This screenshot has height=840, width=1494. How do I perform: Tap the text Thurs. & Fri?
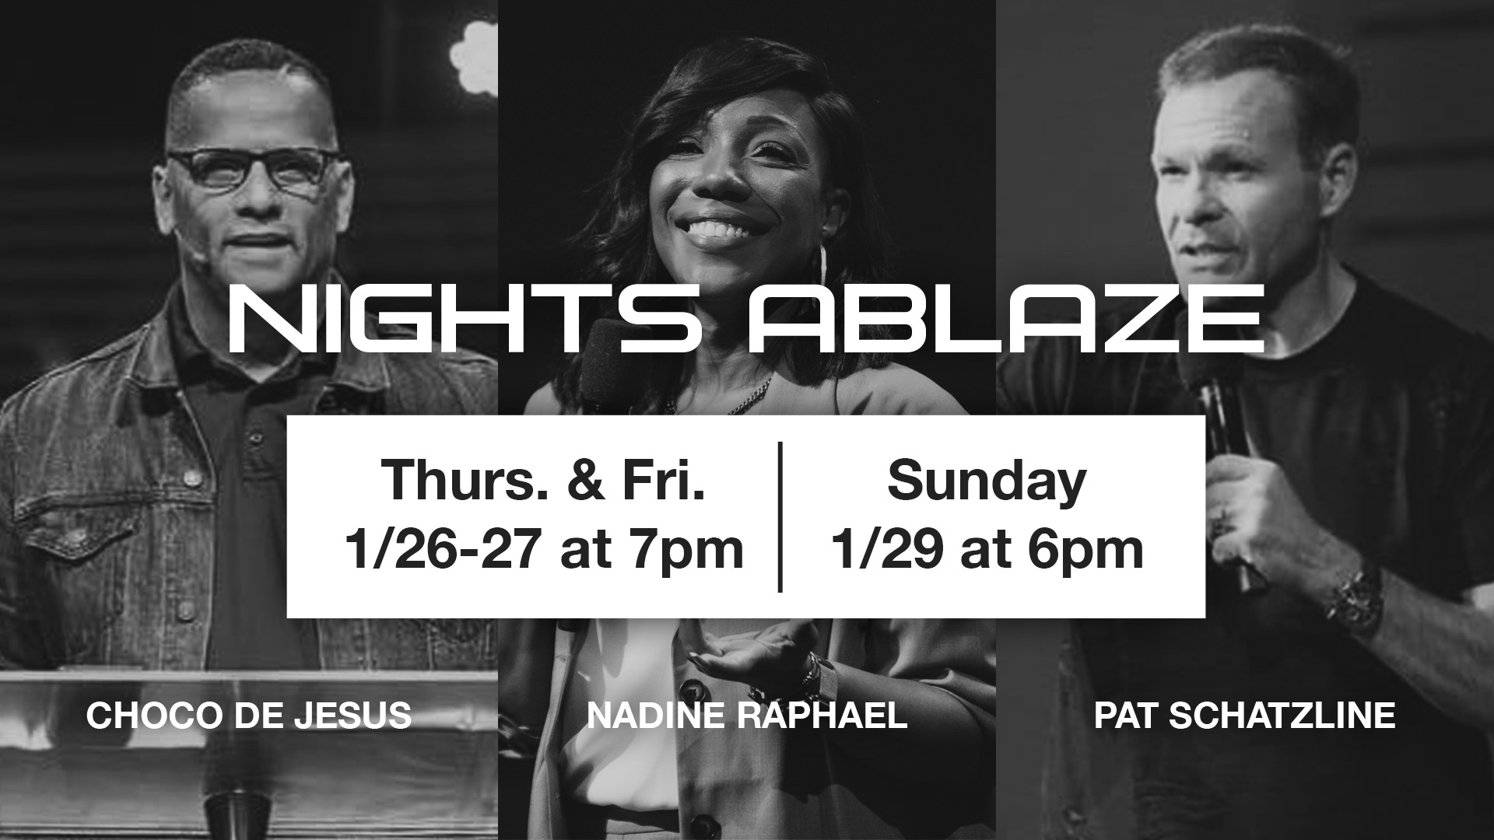point(542,480)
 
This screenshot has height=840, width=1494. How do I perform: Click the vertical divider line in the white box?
point(780,516)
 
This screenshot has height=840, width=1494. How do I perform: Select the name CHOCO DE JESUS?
point(249,716)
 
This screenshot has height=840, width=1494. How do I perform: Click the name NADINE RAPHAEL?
point(747,716)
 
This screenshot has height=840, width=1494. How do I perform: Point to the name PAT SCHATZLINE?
point(1244,716)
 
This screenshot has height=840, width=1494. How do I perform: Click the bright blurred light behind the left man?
point(473,57)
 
